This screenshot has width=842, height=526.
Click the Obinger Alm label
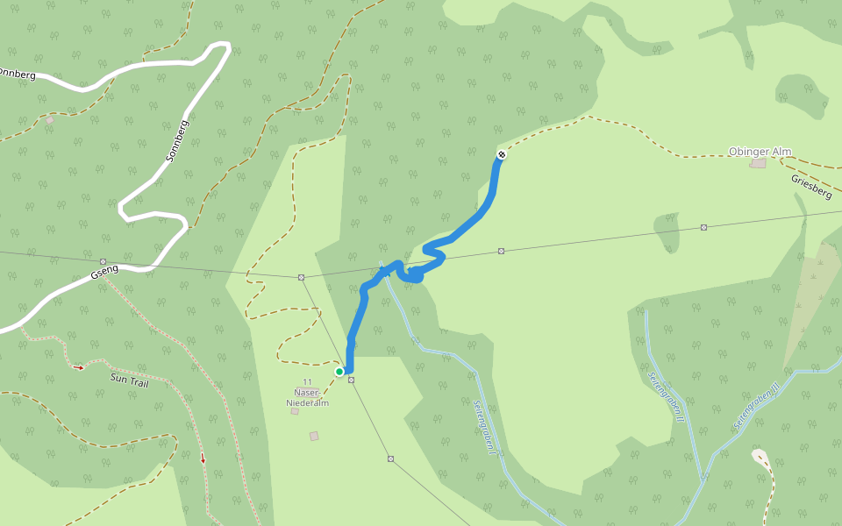pos(760,152)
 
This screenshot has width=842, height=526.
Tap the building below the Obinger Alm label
pos(758,163)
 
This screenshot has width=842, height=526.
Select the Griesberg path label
pos(810,186)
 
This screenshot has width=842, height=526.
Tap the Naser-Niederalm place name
pos(307,397)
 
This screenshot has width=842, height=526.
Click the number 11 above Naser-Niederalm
pos(307,381)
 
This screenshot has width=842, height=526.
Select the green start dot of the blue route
pos(339,372)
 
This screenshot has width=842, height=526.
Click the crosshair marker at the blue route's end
pos(502,155)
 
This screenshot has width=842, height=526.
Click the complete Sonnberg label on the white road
pos(177,141)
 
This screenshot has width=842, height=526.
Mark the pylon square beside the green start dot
pos(351,380)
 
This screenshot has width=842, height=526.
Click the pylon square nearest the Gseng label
pos(103,261)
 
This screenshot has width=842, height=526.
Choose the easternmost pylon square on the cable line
pos(703,227)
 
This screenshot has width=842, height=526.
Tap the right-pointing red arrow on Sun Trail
pos(80,367)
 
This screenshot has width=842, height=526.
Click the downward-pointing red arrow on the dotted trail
pos(203,458)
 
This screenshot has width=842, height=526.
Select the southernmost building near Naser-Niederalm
pos(314,436)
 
